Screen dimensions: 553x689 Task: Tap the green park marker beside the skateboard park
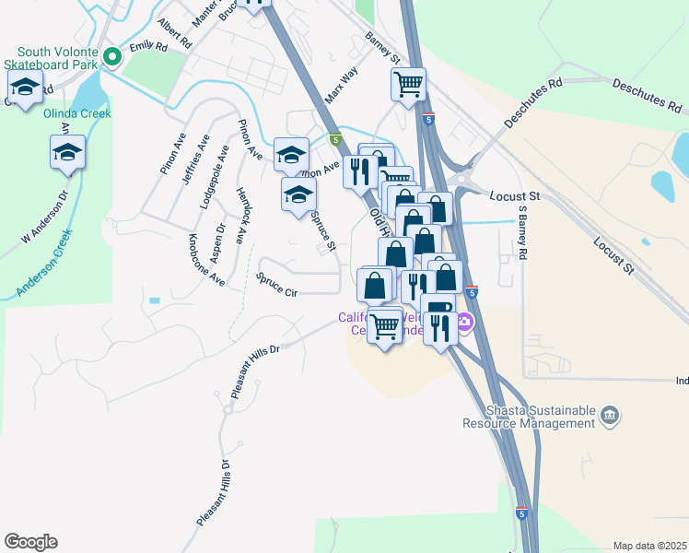click(112, 57)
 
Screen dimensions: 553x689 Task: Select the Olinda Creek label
click(77, 113)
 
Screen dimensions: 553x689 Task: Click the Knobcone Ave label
click(206, 260)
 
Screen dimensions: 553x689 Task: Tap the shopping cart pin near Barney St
click(408, 85)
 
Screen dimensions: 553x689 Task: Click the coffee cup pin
click(438, 307)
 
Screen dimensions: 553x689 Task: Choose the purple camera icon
click(465, 322)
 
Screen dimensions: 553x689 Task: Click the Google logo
click(30, 542)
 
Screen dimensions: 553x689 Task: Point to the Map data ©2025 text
click(649, 546)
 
